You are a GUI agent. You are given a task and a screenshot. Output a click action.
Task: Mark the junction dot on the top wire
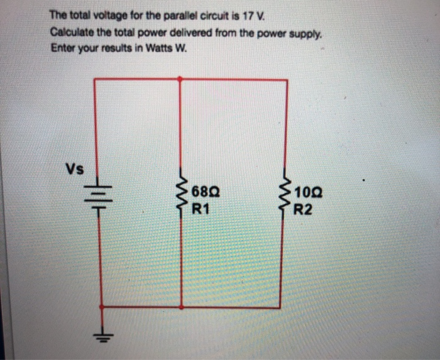pos(181,79)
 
